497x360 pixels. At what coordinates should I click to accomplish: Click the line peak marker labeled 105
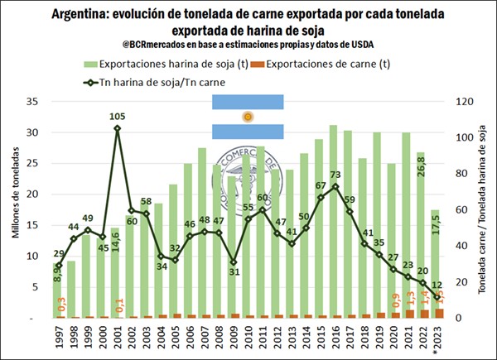tap(117, 128)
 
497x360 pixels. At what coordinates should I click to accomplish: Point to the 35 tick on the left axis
tap(34, 102)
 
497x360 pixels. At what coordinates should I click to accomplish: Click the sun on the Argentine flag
tap(247, 117)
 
